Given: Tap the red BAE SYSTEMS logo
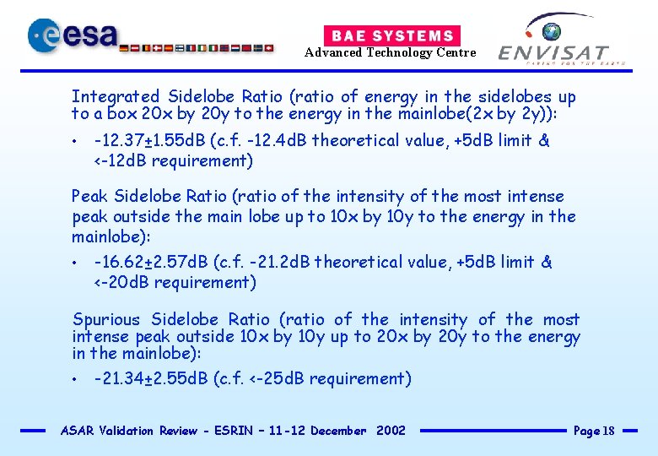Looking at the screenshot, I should (x=392, y=35).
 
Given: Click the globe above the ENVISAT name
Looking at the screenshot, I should (x=552, y=32).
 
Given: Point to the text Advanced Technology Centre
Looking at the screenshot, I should (x=390, y=52).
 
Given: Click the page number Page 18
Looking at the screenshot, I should (x=594, y=431).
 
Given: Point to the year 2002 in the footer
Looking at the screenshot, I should (x=391, y=431).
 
